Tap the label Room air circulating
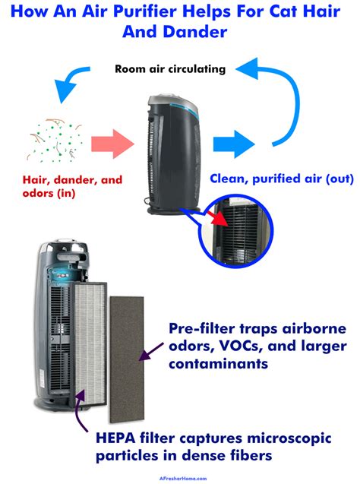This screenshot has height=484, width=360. tap(169, 68)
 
